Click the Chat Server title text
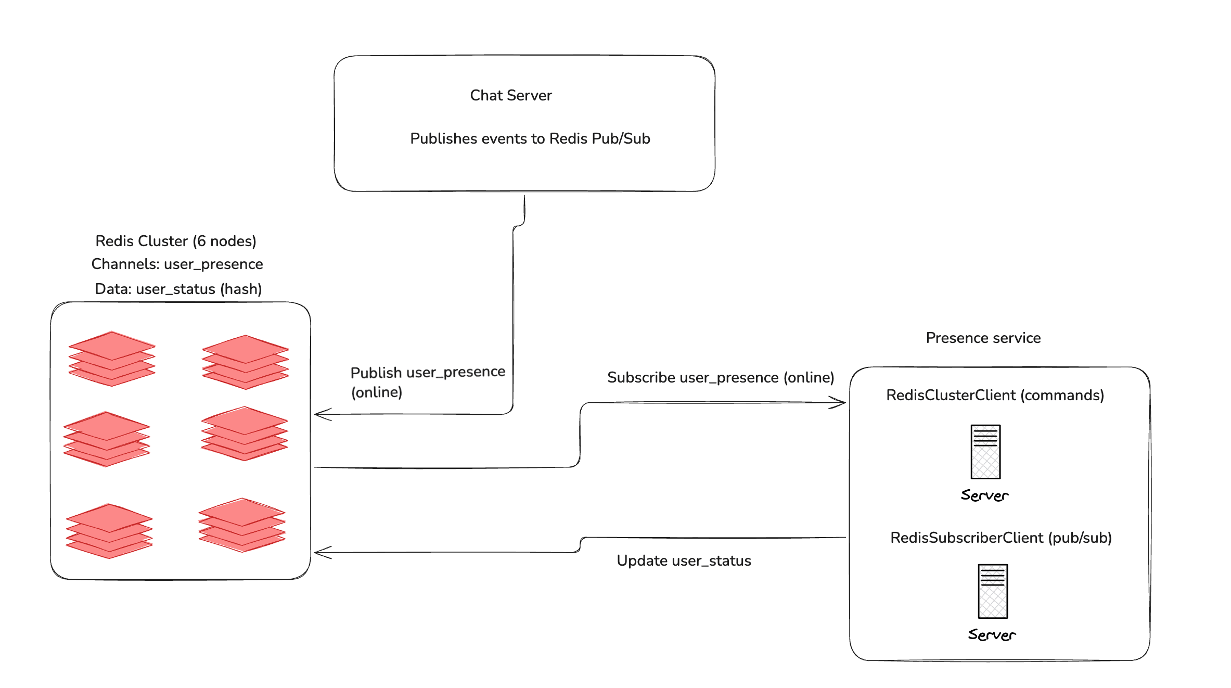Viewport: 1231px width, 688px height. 510,95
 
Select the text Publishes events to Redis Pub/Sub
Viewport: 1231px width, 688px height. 530,138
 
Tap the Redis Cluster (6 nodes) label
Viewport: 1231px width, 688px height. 176,241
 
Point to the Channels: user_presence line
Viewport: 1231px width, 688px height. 177,264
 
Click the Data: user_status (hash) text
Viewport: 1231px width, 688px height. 178,289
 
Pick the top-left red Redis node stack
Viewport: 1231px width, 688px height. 112,359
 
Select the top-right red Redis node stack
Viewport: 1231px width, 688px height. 245,362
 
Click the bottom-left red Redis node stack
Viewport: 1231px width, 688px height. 109,531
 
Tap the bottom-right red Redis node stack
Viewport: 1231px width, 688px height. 242,525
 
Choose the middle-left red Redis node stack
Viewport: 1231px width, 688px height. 107,439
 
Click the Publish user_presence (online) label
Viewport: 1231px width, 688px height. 427,381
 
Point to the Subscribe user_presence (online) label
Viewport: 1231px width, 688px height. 720,377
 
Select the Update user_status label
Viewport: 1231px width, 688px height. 684,560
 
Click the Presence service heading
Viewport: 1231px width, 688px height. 983,338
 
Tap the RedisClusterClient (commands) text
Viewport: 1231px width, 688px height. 995,395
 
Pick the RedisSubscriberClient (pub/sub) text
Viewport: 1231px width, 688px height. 1001,538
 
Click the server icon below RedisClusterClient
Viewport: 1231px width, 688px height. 985,452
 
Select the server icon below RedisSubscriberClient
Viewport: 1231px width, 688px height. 993,591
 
